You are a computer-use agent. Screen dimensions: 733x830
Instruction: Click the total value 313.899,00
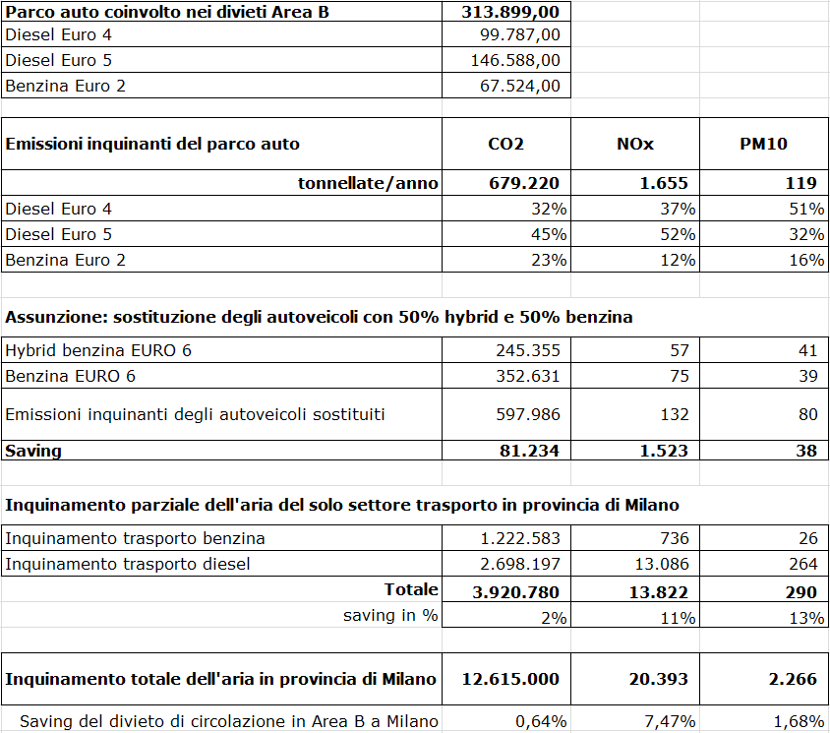click(x=509, y=12)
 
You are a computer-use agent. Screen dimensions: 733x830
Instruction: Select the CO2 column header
click(x=505, y=144)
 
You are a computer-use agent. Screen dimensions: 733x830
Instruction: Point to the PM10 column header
click(x=763, y=144)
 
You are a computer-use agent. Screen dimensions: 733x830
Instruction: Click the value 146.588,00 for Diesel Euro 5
click(x=515, y=61)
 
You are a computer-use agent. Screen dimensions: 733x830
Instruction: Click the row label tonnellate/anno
click(x=368, y=183)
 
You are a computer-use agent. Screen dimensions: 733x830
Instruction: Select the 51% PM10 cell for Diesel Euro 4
click(x=806, y=209)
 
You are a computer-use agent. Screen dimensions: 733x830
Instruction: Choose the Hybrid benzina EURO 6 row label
click(x=98, y=350)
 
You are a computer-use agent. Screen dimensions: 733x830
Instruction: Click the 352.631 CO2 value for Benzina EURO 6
click(x=528, y=376)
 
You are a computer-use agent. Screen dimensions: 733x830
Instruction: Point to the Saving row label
click(x=33, y=451)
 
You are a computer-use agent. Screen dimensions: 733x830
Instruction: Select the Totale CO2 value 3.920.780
click(x=515, y=592)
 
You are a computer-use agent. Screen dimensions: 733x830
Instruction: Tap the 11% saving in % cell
click(x=679, y=618)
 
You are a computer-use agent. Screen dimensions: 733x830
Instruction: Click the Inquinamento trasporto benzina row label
click(x=136, y=538)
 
